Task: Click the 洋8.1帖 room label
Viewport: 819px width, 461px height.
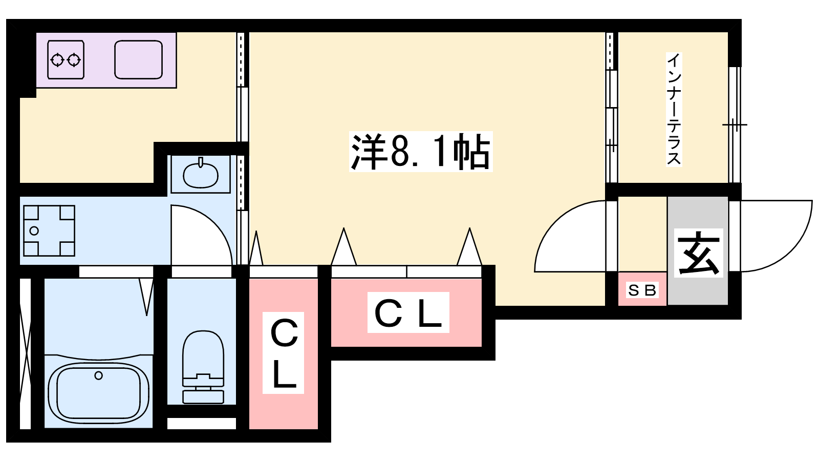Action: click(x=420, y=152)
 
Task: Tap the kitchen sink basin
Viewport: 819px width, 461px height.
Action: click(x=138, y=60)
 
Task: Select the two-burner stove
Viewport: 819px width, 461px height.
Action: click(x=66, y=60)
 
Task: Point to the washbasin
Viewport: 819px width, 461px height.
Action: click(x=200, y=175)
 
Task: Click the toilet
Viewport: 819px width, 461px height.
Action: click(x=203, y=366)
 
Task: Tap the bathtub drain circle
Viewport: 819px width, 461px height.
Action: click(x=98, y=375)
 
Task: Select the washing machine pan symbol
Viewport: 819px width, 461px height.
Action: click(x=49, y=230)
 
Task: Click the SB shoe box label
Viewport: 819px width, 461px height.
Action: click(x=642, y=290)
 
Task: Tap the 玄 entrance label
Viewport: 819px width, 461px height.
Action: click(x=698, y=253)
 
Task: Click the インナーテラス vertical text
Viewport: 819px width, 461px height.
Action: click(x=674, y=109)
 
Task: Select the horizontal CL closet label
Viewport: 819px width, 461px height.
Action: click(x=408, y=312)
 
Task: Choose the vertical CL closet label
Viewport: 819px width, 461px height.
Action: click(x=283, y=353)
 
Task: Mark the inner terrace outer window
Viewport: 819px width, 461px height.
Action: click(x=735, y=124)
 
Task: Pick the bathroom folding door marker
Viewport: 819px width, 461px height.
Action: click(x=146, y=296)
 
